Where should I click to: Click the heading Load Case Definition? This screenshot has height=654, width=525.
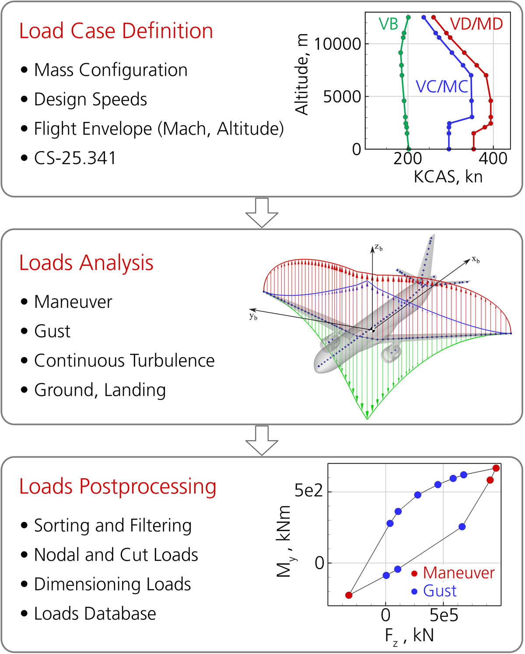116,31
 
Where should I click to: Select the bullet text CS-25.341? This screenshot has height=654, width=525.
75,158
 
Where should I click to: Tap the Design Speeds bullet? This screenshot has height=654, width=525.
91,99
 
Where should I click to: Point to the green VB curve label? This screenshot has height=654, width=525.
388,24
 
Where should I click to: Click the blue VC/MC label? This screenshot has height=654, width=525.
442,87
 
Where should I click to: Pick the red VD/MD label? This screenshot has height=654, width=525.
476,24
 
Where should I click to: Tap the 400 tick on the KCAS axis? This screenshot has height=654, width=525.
493,158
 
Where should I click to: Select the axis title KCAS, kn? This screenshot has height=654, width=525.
448,177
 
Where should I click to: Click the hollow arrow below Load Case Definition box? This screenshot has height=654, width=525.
262,213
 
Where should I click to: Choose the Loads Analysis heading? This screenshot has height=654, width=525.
86,263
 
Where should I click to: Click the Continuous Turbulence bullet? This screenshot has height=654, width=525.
124,361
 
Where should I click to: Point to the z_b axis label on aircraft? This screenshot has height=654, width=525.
378,248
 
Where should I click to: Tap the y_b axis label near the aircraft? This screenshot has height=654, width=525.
253,316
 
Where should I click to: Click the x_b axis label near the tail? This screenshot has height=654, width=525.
476,260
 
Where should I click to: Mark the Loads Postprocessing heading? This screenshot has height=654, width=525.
118,487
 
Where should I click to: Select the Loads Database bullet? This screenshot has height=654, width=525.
95,614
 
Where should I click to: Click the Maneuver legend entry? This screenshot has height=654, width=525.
458,573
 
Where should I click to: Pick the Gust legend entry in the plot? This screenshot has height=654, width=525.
440,591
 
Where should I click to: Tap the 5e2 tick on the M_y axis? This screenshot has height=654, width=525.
308,491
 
